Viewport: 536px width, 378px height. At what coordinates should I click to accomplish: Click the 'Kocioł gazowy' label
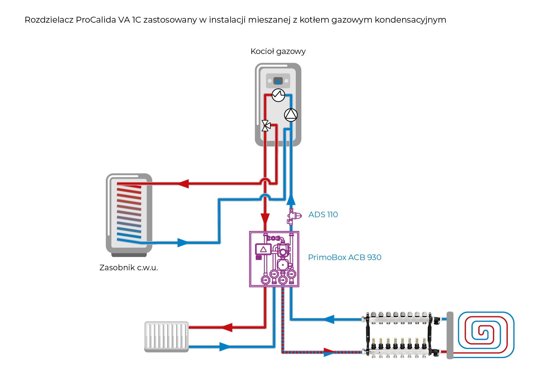point(278,51)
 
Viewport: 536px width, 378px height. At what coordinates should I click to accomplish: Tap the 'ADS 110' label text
point(323,214)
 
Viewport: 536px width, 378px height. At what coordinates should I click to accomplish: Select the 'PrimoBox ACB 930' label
point(345,257)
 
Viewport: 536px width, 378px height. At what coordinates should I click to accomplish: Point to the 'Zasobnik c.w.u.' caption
point(128,268)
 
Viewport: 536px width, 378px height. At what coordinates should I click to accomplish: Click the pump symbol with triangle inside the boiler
point(291,115)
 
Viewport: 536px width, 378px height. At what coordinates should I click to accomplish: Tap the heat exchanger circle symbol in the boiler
point(278,95)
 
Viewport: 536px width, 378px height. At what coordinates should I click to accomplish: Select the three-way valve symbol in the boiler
point(266,126)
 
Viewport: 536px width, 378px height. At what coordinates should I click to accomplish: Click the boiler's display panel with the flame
point(278,81)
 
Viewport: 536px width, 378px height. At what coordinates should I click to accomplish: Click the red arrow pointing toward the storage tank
point(183,183)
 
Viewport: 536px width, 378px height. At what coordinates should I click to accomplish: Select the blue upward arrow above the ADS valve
point(291,200)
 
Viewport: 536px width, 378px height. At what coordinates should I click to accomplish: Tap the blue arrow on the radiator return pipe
point(225,347)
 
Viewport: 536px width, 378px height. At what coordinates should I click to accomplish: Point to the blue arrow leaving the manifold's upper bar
point(329,319)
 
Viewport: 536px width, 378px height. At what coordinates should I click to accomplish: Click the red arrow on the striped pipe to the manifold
point(329,352)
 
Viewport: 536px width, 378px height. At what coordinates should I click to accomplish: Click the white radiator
point(166,336)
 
